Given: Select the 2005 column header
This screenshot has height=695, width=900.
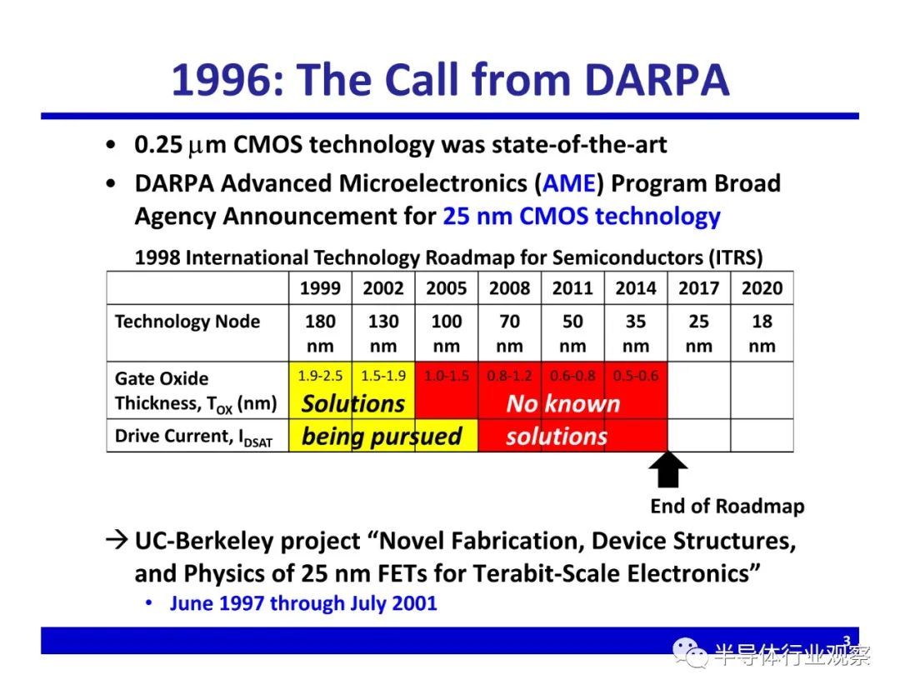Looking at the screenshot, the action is click(447, 287).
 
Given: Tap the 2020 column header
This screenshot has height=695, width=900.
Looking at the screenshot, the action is click(762, 287).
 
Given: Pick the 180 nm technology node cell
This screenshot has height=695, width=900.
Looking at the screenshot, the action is click(320, 332).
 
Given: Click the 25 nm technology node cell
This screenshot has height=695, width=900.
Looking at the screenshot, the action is click(698, 332).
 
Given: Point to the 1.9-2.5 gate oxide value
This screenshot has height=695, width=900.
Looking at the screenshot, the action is click(320, 376).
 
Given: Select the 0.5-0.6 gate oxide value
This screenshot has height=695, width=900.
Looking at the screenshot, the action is click(635, 376).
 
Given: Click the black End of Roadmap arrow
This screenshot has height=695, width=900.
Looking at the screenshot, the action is click(667, 469).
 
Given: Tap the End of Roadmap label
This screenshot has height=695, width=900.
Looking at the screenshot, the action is click(727, 506).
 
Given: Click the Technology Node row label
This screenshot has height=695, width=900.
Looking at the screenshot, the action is click(187, 322).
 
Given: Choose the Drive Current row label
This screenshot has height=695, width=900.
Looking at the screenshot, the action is click(193, 437).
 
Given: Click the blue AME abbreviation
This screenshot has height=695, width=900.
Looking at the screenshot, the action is click(569, 183).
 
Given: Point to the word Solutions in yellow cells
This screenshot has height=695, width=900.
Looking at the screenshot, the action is click(353, 403).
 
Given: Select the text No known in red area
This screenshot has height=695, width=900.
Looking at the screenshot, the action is click(563, 403).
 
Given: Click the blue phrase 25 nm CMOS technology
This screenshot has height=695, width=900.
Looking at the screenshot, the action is click(582, 217).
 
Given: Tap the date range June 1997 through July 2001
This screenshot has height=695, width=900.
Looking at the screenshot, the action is click(303, 603).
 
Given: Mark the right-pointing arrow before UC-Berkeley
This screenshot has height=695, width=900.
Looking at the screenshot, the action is click(117, 540).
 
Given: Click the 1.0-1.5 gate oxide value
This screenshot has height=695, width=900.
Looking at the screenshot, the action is click(447, 376).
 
